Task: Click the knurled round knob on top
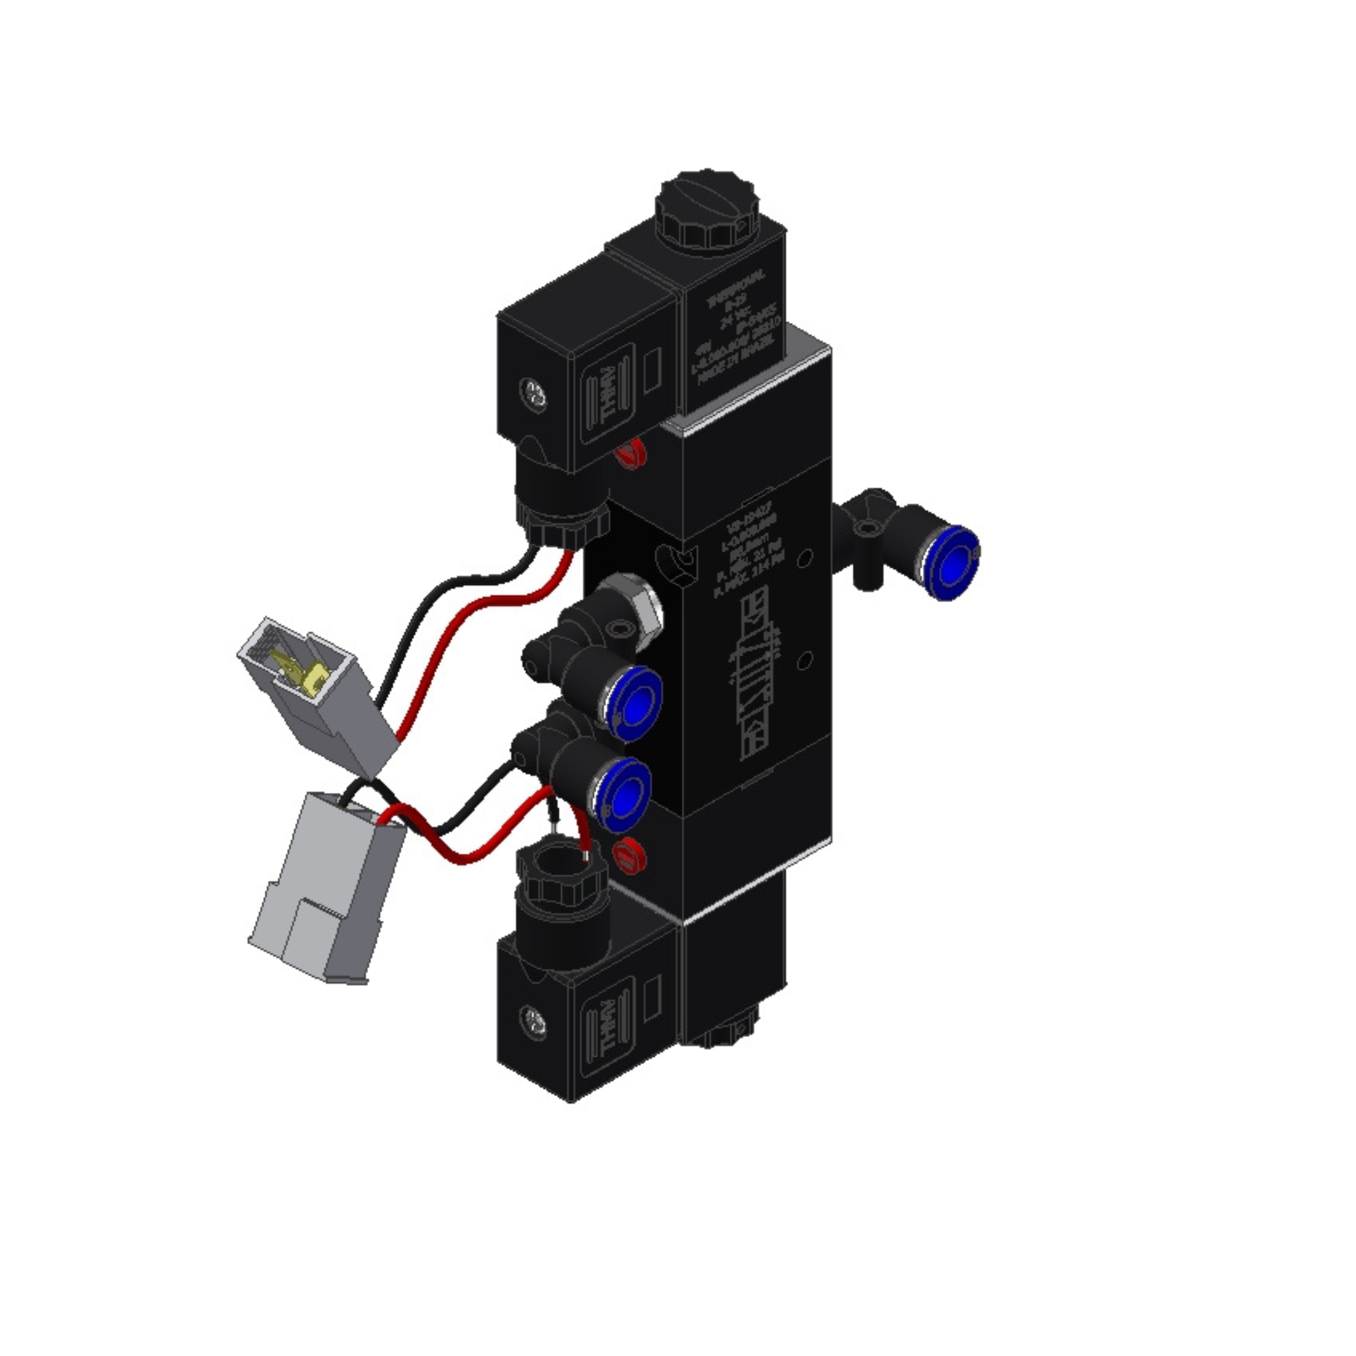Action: click(708, 210)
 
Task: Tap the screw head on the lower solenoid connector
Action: click(534, 1021)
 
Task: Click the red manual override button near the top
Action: click(630, 453)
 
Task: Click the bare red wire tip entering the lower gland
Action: click(584, 855)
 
